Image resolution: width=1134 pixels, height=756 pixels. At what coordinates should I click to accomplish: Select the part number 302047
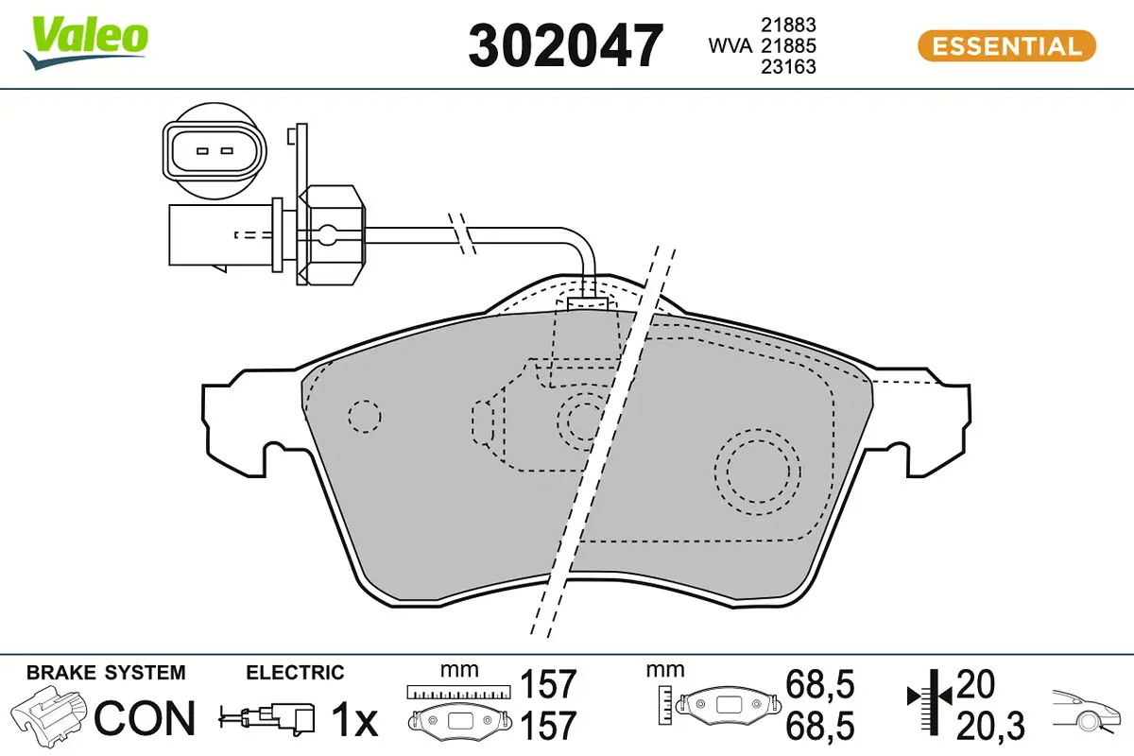[x=565, y=45]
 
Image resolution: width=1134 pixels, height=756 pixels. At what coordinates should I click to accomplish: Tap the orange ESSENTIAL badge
[x=1006, y=46]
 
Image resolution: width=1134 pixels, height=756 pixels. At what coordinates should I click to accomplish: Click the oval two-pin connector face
[x=214, y=150]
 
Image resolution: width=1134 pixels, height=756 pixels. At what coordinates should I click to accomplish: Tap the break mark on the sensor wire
[x=460, y=231]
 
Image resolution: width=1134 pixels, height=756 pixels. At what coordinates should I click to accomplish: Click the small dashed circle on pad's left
[x=364, y=415]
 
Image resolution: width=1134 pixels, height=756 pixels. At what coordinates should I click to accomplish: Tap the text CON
[x=145, y=718]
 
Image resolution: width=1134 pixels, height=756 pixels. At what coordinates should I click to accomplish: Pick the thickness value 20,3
[x=989, y=726]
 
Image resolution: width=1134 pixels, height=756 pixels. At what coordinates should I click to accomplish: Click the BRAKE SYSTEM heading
[x=106, y=673]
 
